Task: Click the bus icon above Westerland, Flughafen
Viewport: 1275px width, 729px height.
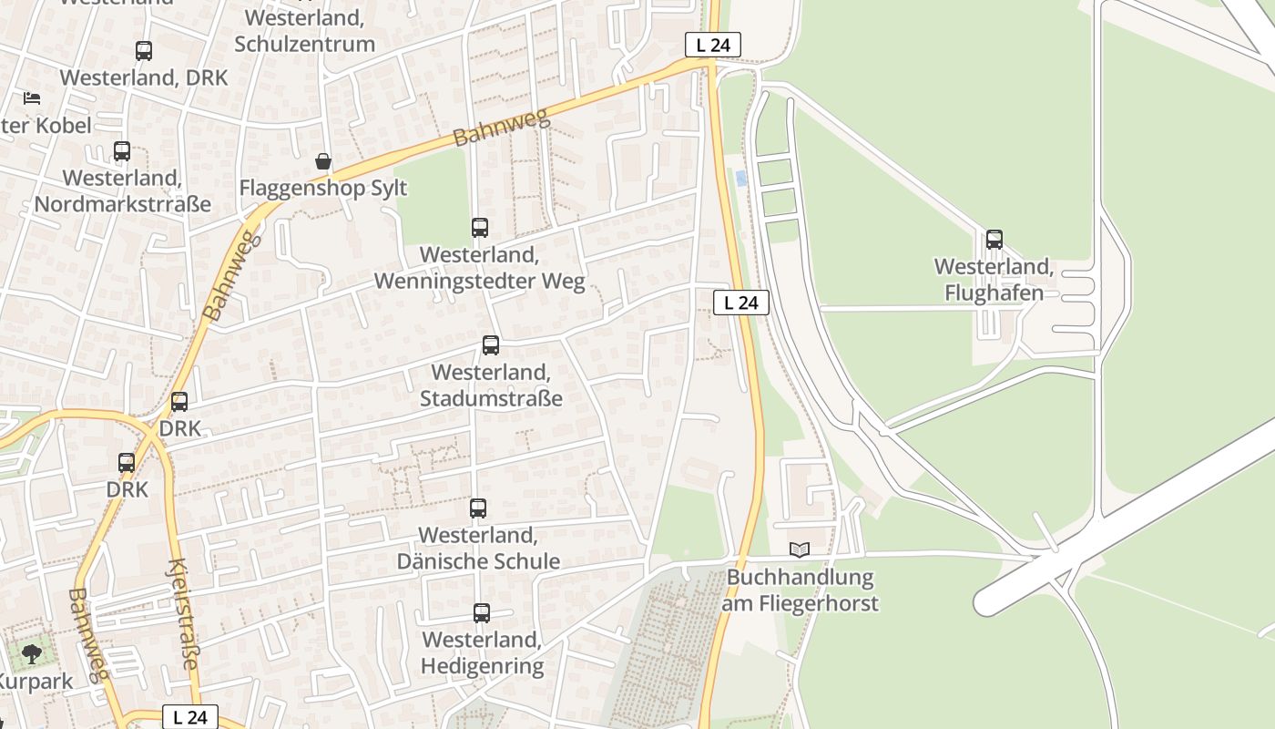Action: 994,240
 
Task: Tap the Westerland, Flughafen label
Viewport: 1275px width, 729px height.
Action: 994,280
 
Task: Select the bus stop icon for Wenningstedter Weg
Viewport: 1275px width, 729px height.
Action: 480,228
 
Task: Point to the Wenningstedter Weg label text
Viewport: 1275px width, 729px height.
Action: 480,268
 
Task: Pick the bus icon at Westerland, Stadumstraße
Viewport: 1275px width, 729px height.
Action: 491,345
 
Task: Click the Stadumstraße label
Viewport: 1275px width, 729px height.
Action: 491,385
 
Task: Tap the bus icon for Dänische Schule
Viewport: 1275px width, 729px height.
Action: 478,508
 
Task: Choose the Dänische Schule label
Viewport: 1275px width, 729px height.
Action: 478,548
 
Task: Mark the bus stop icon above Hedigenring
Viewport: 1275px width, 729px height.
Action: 482,613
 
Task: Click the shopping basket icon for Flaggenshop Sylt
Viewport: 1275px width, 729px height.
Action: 323,162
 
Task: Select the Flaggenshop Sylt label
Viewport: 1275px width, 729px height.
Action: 323,189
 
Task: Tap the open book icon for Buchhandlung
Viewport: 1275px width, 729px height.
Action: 800,549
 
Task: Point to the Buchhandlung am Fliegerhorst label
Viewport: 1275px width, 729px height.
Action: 801,590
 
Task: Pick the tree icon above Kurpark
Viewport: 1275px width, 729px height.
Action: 32,653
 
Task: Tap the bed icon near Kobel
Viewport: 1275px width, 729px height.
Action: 32,98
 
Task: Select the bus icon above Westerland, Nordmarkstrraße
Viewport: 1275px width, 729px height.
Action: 122,151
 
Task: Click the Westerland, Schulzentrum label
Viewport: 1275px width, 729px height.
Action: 305,30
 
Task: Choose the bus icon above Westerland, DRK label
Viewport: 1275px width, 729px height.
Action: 144,51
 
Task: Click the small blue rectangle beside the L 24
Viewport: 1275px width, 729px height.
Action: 741,179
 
